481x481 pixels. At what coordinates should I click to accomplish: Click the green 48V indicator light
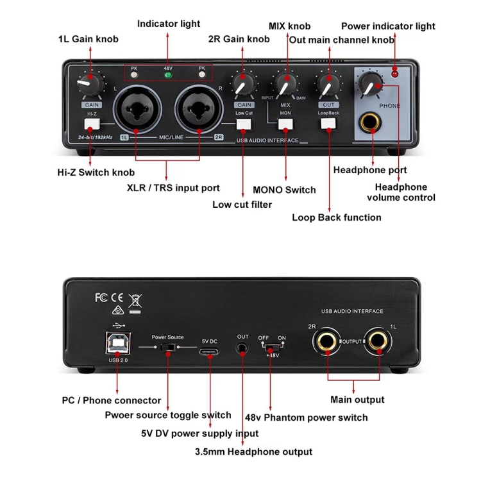[168, 75]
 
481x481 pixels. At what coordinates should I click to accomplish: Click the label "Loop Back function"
[337, 217]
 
